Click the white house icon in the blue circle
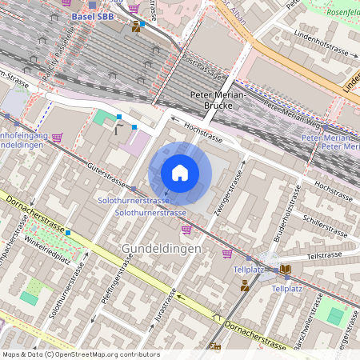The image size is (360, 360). [x=180, y=172]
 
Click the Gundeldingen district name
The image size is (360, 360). [x=161, y=249]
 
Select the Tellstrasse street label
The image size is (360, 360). [x=325, y=257]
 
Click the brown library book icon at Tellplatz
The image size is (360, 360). [x=286, y=269]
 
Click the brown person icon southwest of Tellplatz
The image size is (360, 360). [x=245, y=286]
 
